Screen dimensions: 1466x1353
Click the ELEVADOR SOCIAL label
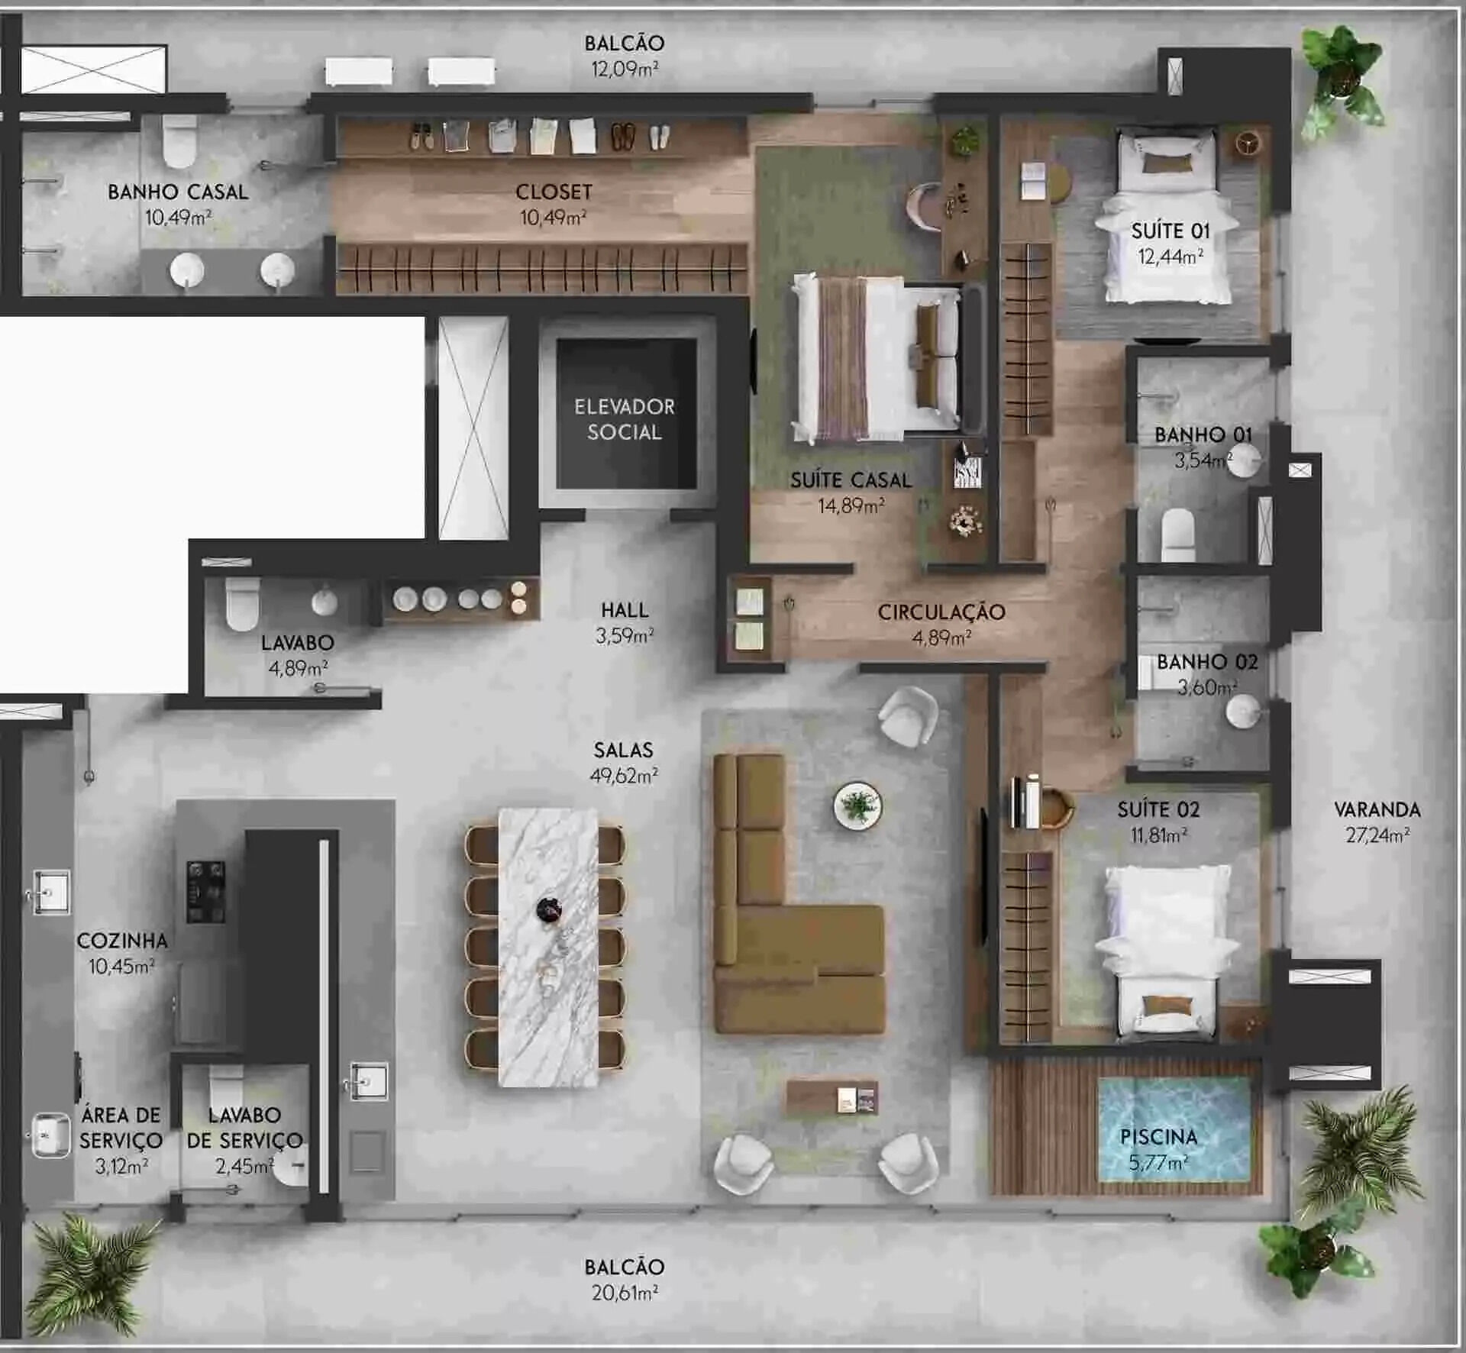tap(625, 419)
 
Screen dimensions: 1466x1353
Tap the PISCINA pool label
tap(1158, 1137)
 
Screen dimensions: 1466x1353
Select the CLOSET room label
tap(554, 192)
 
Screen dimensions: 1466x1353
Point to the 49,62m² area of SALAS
tap(624, 776)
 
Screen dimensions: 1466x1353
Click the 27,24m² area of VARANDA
tap(1377, 835)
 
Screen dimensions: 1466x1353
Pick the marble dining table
tap(548, 947)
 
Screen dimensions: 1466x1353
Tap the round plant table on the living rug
tap(857, 805)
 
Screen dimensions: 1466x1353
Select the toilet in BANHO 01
tap(1177, 534)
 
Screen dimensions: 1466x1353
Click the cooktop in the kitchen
tap(206, 891)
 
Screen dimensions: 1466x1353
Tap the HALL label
tap(625, 610)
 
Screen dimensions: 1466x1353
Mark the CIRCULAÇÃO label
tap(941, 612)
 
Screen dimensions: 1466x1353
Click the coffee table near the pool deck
tap(832, 1098)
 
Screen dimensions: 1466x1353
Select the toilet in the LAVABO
tap(243, 603)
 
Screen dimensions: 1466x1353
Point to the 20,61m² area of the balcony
tap(625, 1293)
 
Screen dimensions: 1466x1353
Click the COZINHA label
tap(122, 941)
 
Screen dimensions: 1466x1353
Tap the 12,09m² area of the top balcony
tap(625, 69)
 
